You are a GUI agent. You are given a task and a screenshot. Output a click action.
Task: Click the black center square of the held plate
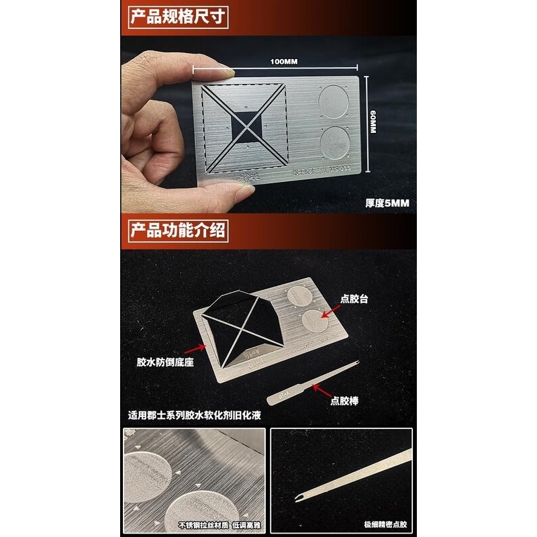pos(245,128)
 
